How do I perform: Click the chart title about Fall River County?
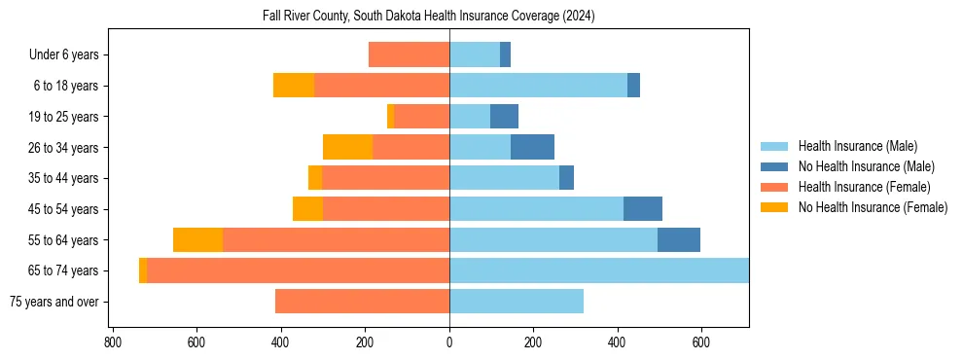pyautogui.click(x=429, y=17)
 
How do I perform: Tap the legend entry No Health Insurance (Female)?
pyautogui.click(x=873, y=207)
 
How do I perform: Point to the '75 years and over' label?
pyautogui.click(x=53, y=302)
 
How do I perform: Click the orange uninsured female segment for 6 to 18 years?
pyautogui.click(x=294, y=86)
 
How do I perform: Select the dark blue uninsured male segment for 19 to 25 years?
pyautogui.click(x=504, y=117)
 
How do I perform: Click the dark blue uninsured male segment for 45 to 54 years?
pyautogui.click(x=643, y=209)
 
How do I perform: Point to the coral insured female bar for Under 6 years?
pyautogui.click(x=409, y=55)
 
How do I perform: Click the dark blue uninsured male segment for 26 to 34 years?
pyautogui.click(x=532, y=148)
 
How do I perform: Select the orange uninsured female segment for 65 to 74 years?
pyautogui.click(x=143, y=270)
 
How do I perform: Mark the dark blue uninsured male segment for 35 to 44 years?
pyautogui.click(x=566, y=178)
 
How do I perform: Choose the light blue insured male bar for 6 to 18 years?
pyautogui.click(x=538, y=86)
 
